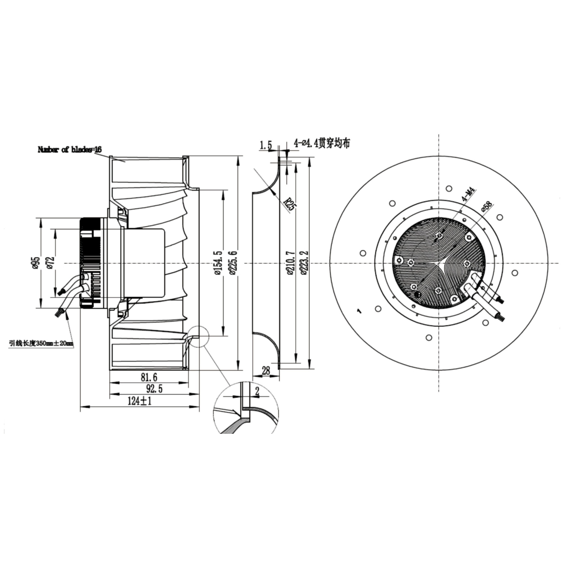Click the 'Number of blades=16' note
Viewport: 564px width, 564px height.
pos(69,150)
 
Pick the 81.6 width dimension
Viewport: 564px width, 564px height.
pos(149,378)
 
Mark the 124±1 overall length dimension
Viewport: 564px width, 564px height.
pos(140,401)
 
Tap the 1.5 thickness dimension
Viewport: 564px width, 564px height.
pos(265,145)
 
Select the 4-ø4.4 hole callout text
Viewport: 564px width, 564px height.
pos(321,144)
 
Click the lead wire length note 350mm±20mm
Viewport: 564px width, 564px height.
pos(41,343)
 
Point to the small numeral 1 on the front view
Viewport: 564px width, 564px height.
pos(359,311)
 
